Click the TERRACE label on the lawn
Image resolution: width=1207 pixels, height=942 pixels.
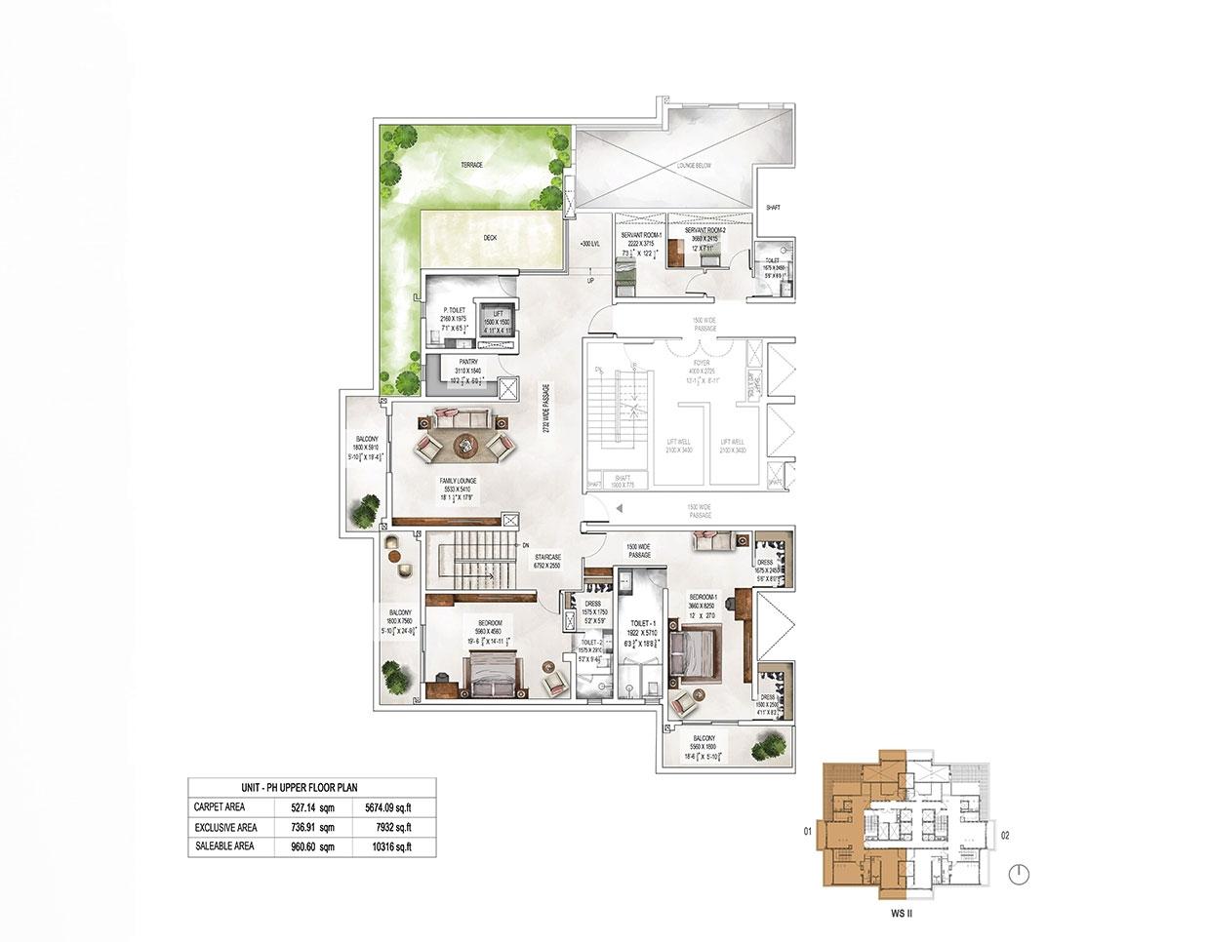472,166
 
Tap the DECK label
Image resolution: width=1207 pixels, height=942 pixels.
490,237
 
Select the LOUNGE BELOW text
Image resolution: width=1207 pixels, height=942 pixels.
694,167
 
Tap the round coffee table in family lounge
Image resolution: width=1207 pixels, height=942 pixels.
466,444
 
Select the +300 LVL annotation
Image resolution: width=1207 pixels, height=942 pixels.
588,244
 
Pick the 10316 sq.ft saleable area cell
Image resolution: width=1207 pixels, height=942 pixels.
392,846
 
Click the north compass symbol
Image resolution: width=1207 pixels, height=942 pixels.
1020,874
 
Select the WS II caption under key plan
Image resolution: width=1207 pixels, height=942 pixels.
902,916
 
